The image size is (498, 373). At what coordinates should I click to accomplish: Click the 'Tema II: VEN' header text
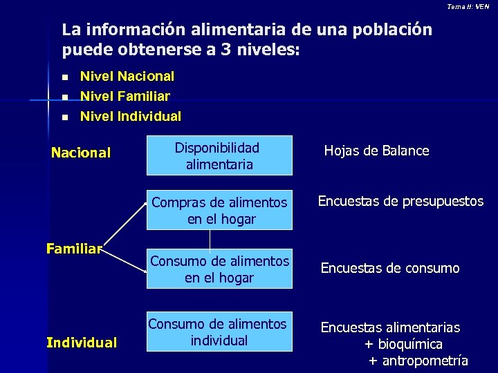click(x=468, y=6)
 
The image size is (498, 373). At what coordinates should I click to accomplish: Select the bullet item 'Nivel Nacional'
click(x=127, y=77)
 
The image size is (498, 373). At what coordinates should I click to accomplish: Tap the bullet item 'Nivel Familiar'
click(x=125, y=97)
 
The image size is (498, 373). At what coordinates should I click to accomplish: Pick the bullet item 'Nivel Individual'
click(x=131, y=117)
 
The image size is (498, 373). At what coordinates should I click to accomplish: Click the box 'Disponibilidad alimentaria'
click(x=219, y=156)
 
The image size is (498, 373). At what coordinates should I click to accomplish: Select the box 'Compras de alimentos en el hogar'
click(x=219, y=211)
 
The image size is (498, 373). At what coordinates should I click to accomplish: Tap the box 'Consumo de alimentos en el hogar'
click(x=219, y=269)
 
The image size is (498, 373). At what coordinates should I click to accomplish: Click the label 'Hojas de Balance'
click(x=377, y=151)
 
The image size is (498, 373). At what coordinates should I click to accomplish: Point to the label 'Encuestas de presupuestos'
click(x=400, y=202)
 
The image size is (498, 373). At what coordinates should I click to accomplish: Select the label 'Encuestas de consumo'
click(x=390, y=268)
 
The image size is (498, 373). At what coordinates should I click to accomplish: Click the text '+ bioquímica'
click(x=403, y=344)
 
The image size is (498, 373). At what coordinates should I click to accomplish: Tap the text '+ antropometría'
click(x=418, y=361)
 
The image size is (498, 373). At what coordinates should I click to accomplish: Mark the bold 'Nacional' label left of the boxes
click(x=81, y=153)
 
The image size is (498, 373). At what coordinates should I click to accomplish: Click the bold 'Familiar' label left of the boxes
click(x=74, y=248)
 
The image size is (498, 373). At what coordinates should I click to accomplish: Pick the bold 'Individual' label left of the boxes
click(x=82, y=342)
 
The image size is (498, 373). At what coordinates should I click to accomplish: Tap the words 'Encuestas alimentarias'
click(x=390, y=327)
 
